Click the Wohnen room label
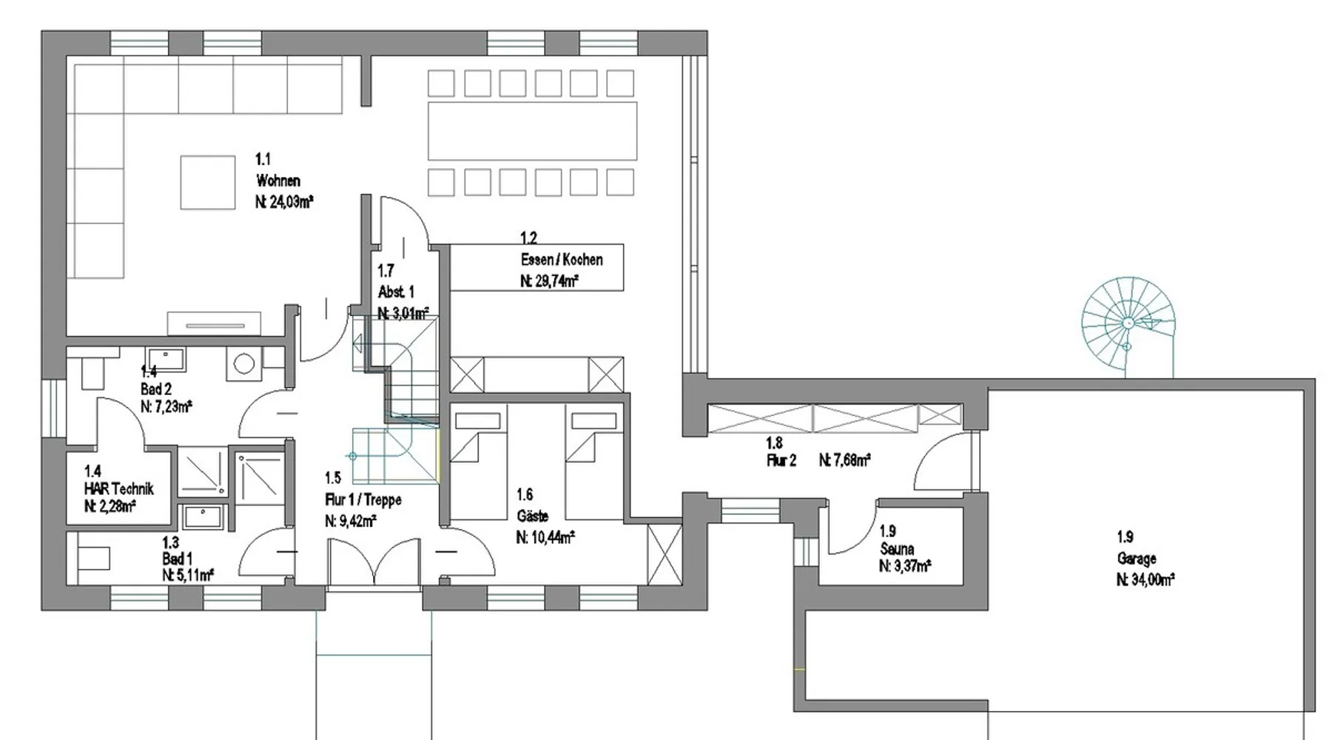click(x=278, y=181)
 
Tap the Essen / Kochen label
click(x=562, y=260)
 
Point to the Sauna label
click(x=897, y=549)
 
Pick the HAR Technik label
click(x=119, y=488)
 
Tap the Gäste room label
click(x=532, y=516)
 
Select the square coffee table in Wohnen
click(x=208, y=182)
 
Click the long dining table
click(x=532, y=131)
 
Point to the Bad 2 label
click(x=156, y=389)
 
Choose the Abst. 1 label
click(x=396, y=292)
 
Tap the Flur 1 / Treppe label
click(x=363, y=500)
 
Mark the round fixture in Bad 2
click(x=243, y=363)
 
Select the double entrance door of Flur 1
click(x=374, y=562)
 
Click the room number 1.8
click(x=774, y=443)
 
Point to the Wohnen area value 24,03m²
click(x=284, y=202)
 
